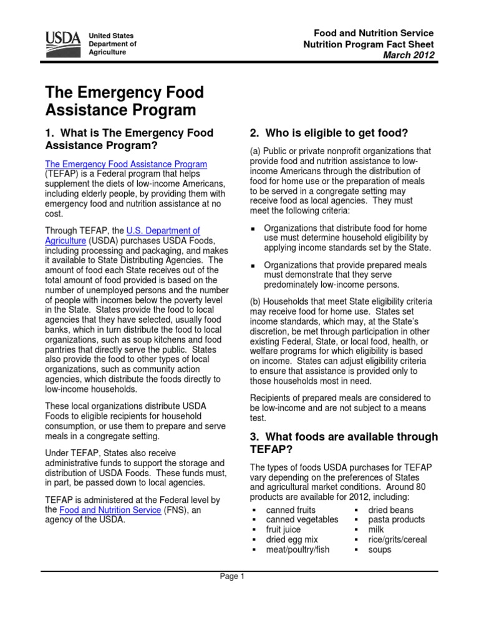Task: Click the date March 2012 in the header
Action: (409, 56)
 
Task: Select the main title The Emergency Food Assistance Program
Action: (125, 102)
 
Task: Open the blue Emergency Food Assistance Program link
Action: (127, 164)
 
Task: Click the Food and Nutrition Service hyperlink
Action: (110, 510)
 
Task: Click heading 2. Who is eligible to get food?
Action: (329, 133)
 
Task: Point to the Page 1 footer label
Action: (233, 577)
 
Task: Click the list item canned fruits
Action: (291, 510)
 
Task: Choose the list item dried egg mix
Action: (292, 540)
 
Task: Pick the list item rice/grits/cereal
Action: (397, 540)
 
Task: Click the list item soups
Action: (380, 550)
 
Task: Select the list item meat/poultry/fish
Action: (298, 550)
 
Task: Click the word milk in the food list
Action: (377, 530)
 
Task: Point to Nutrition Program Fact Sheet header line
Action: (368, 44)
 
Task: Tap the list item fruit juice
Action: (283, 530)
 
